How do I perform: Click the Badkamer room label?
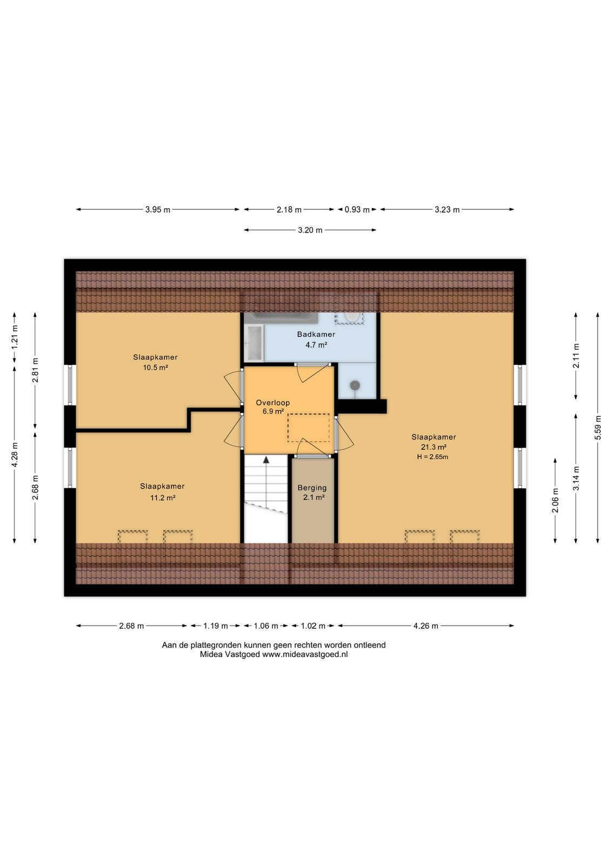pyautogui.click(x=315, y=335)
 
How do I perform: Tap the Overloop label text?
pyautogui.click(x=272, y=403)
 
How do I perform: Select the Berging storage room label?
pyautogui.click(x=312, y=488)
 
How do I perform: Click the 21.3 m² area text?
pyautogui.click(x=434, y=447)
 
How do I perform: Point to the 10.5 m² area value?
pyautogui.click(x=155, y=368)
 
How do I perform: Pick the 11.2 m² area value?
pyautogui.click(x=163, y=498)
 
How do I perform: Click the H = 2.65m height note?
pyautogui.click(x=433, y=457)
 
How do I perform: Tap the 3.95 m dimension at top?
pyautogui.click(x=157, y=210)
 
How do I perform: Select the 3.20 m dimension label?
pyautogui.click(x=310, y=230)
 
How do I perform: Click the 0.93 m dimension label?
pyautogui.click(x=357, y=210)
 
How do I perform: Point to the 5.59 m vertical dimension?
pyautogui.click(x=598, y=428)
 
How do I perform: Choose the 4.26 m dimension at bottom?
pyautogui.click(x=425, y=626)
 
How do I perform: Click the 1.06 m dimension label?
pyautogui.click(x=265, y=626)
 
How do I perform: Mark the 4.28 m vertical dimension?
pyautogui.click(x=15, y=455)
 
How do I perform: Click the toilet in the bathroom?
pyautogui.click(x=350, y=318)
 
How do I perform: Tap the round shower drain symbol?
pyautogui.click(x=355, y=385)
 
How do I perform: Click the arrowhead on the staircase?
pyautogui.click(x=266, y=460)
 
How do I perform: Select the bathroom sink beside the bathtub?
pyautogui.click(x=254, y=343)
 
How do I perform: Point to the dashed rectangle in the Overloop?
pyautogui.click(x=308, y=428)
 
